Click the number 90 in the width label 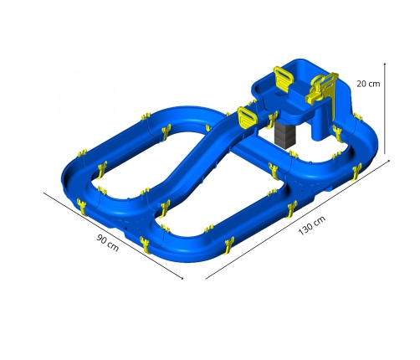tap(102, 239)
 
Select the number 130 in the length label tap(305, 229)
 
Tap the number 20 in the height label tap(361, 84)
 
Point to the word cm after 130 tap(320, 220)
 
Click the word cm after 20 tap(374, 84)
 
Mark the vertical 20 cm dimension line tap(385, 108)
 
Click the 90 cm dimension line tap(113, 235)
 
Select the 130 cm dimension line tap(298, 219)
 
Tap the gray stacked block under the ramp tap(284, 134)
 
